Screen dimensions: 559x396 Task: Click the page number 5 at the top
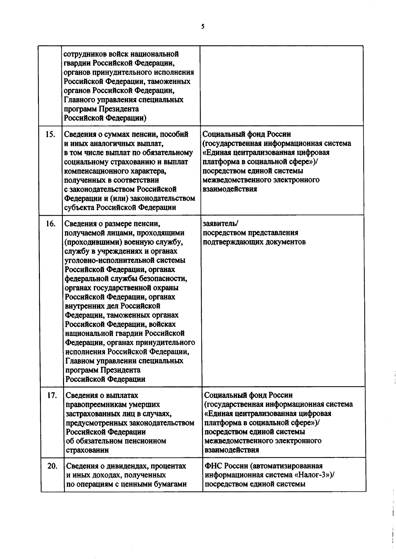[x=203, y=27]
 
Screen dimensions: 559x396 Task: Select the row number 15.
[x=50, y=134]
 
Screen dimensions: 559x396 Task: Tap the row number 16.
[x=50, y=224]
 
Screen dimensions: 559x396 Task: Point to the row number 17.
[x=52, y=395]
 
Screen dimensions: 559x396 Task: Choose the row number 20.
[x=52, y=466]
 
